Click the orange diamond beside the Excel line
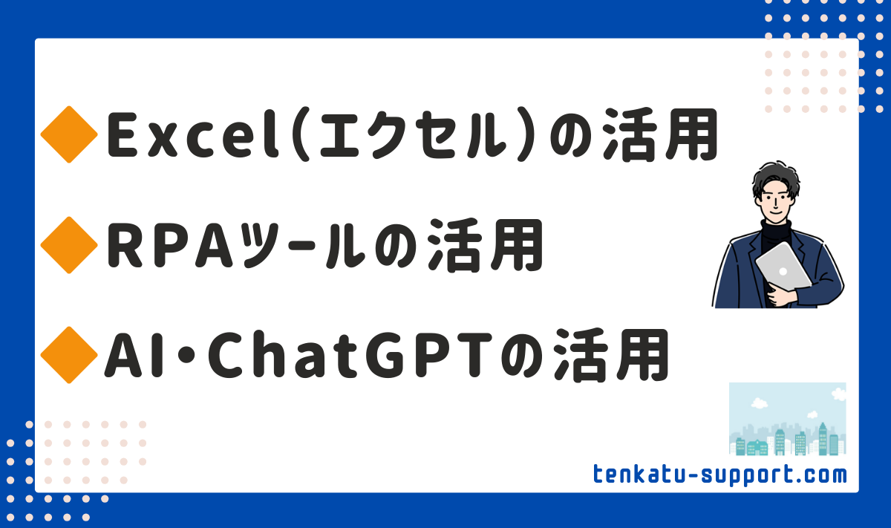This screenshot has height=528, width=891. click(x=69, y=134)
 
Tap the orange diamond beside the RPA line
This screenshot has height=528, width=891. click(x=69, y=245)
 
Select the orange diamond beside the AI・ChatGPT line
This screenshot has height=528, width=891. click(x=69, y=355)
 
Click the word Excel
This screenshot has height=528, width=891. click(x=193, y=134)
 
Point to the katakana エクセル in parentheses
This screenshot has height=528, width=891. click(x=413, y=135)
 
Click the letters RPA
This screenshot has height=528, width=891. click(x=170, y=246)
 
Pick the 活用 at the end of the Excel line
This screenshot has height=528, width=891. click(x=660, y=134)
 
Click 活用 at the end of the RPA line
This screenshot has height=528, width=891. click(x=485, y=245)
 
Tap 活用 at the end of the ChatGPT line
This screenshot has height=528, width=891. click(x=610, y=356)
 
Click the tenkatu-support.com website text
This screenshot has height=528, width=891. click(x=720, y=475)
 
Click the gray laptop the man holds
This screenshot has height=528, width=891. click(x=783, y=266)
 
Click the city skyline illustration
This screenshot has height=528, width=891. click(x=788, y=419)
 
